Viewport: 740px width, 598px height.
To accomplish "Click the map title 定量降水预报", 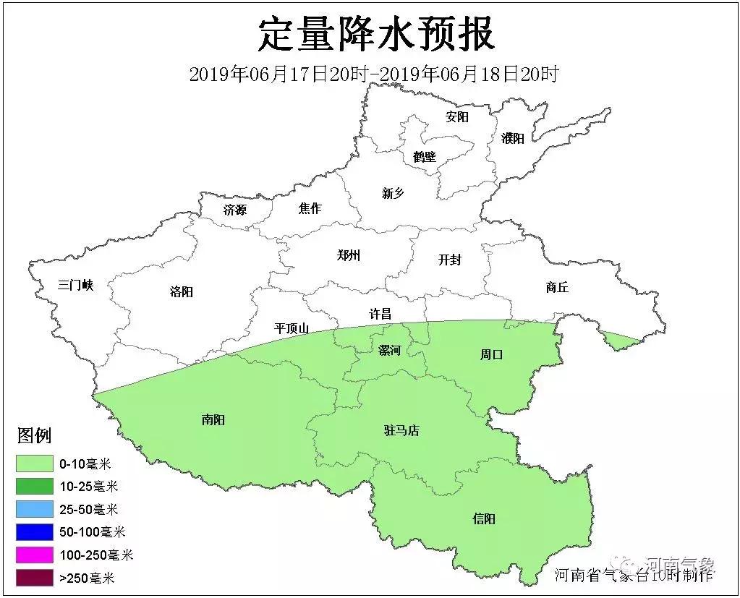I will [376, 34].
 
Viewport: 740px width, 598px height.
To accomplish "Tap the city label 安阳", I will [457, 116].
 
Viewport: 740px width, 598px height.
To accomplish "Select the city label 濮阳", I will [512, 138].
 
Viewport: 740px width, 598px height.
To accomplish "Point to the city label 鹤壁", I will [425, 156].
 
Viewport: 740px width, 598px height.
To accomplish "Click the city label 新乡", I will [393, 192].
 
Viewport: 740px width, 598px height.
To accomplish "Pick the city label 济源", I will [235, 210].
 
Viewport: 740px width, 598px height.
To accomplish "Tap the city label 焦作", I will [310, 208].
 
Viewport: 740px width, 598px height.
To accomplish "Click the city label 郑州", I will [348, 255].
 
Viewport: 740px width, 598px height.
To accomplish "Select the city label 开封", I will [449, 260].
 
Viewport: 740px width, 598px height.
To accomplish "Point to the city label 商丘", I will [557, 287].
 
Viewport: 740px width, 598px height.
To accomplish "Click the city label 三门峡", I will [76, 285].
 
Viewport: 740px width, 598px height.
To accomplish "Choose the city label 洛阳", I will [182, 292].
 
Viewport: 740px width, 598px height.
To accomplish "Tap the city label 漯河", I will [389, 350].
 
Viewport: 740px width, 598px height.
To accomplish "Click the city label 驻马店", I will [401, 430].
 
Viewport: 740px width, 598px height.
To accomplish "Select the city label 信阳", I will [484, 518].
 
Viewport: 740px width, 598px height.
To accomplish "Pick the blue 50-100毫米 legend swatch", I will [35, 532].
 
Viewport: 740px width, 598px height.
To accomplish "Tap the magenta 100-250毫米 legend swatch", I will [35, 555].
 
